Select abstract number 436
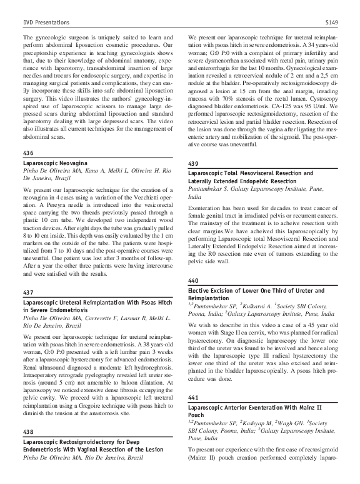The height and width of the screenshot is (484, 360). point(27,153)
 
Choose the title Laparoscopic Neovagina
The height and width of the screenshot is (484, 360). point(53,163)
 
